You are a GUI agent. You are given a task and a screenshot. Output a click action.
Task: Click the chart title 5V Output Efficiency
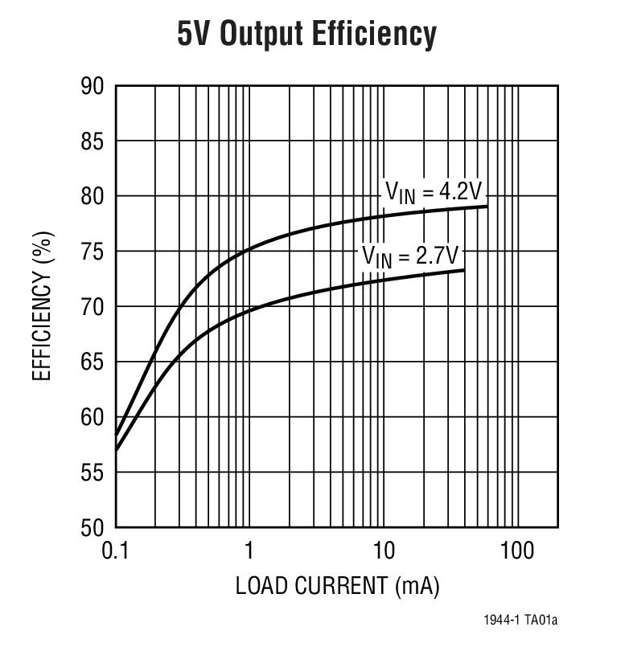click(306, 35)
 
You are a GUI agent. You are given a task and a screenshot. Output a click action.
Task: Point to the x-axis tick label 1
click(249, 551)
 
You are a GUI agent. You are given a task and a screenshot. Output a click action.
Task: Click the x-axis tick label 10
click(384, 551)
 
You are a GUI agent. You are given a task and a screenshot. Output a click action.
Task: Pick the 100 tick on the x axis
click(517, 551)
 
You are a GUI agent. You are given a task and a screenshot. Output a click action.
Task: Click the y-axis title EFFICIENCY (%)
click(42, 306)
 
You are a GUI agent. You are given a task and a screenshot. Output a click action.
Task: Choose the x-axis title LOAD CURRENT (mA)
click(337, 586)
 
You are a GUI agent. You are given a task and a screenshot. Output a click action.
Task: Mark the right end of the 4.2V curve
click(487, 207)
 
